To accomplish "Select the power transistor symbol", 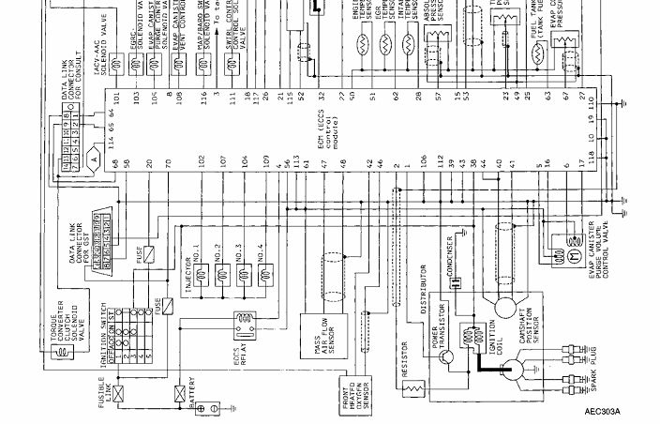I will click(447, 356).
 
